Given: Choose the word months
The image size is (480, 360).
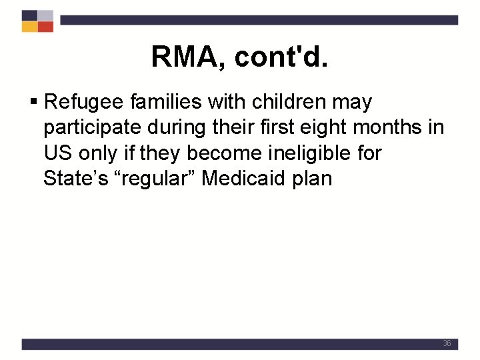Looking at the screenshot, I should (x=393, y=127).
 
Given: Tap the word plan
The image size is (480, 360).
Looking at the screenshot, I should (x=313, y=179).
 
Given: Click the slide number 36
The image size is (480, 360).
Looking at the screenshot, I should (x=447, y=343).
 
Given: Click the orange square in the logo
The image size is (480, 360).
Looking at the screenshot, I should (x=29, y=27).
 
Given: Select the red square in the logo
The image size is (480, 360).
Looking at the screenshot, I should (x=45, y=27).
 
